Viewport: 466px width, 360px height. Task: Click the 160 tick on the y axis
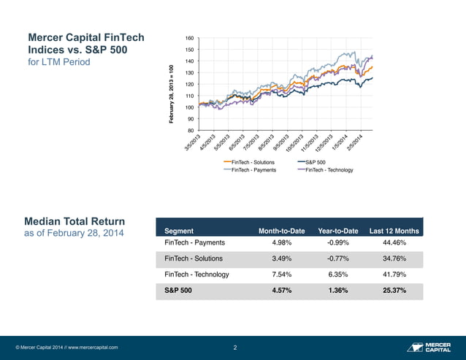188,38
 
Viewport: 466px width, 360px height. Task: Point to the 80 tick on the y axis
190,131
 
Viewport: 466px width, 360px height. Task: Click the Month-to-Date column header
282,231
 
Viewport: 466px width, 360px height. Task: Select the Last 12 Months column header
394,231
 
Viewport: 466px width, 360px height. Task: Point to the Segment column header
180,231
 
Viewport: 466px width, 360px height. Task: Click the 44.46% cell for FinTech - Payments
394,242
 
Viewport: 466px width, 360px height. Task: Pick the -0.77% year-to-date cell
338,258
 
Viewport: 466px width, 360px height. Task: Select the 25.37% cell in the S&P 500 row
394,291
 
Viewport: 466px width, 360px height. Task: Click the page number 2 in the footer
234,348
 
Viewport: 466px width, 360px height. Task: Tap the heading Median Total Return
75,221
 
